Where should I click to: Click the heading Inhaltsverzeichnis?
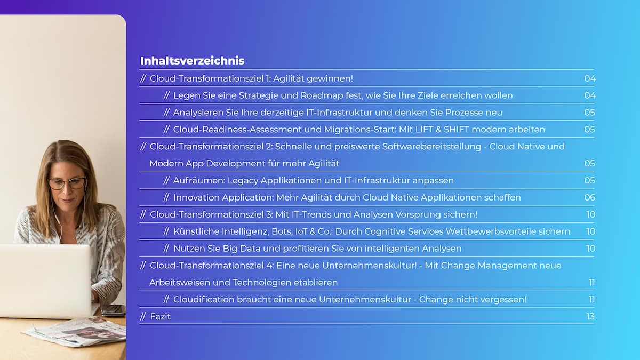click(x=192, y=61)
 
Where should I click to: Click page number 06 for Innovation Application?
click(x=590, y=197)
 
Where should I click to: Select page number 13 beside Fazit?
click(x=590, y=317)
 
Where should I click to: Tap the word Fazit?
click(x=161, y=317)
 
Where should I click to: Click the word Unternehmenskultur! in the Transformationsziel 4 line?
click(x=370, y=266)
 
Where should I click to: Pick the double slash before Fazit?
click(x=143, y=316)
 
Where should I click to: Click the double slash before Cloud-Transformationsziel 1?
click(x=143, y=78)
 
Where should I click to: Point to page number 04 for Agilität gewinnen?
click(x=590, y=78)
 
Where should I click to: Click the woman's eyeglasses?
click(x=67, y=183)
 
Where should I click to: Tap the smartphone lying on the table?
click(x=113, y=310)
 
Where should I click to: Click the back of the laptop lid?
click(x=45, y=281)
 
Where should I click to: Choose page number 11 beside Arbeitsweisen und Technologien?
click(x=591, y=283)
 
